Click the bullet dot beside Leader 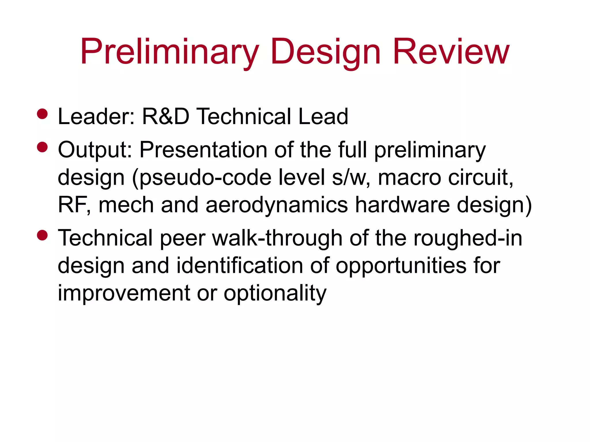coord(42,114)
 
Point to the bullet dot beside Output coord(42,147)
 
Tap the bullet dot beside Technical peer coord(42,235)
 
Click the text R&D coord(166,117)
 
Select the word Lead coord(323,117)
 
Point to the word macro coord(409,178)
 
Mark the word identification coord(240,266)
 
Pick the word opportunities coord(401,266)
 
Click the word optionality coord(275,293)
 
